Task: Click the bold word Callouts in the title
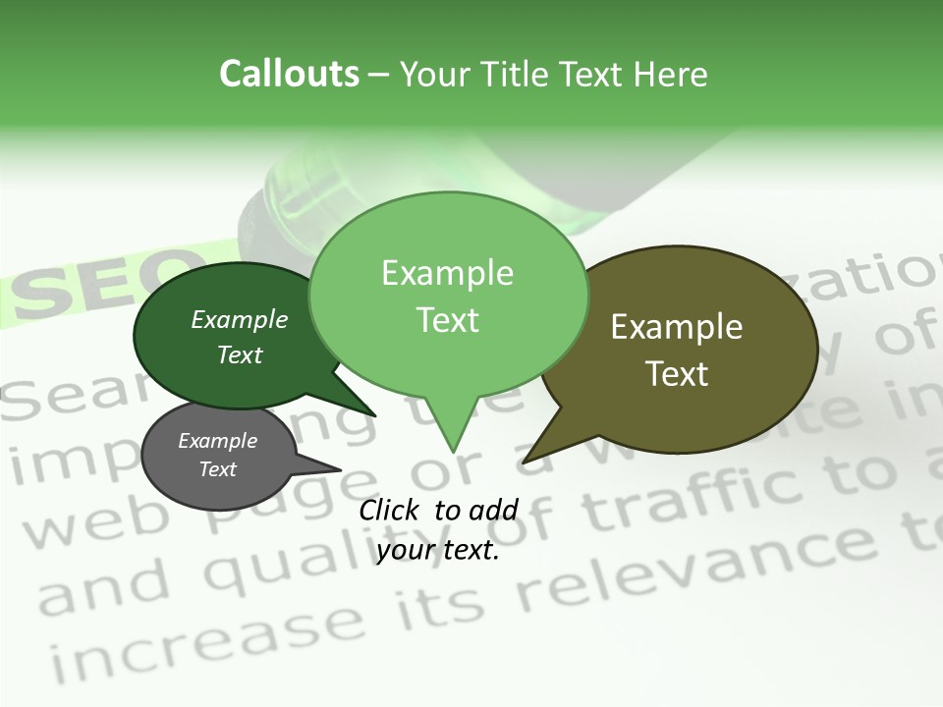click(290, 74)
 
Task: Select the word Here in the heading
click(671, 75)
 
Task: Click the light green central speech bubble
click(448, 295)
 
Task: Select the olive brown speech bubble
click(688, 349)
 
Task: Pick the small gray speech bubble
click(218, 455)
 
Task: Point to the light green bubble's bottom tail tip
click(453, 451)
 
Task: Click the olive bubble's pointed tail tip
click(525, 461)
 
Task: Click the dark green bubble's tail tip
click(373, 414)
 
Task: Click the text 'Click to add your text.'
click(438, 529)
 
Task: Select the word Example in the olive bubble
click(677, 327)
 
